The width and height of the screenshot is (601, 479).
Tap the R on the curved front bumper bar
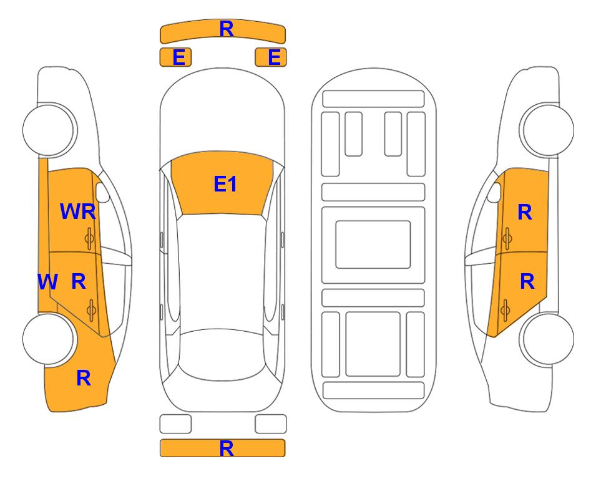(227, 29)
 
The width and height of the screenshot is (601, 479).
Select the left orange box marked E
(175, 57)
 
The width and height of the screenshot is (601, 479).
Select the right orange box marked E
(271, 57)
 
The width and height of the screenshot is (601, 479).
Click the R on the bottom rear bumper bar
(227, 448)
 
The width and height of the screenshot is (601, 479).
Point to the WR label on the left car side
(78, 211)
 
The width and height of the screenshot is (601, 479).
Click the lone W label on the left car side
(47, 282)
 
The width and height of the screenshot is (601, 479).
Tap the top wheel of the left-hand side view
(49, 130)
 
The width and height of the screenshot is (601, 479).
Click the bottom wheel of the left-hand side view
(49, 339)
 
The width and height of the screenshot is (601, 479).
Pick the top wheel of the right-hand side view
(547, 130)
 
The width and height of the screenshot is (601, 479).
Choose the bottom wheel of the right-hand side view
(547, 339)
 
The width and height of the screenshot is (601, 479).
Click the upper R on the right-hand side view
(525, 212)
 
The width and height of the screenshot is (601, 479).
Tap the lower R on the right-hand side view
(527, 282)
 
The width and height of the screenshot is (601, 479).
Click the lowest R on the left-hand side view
(84, 379)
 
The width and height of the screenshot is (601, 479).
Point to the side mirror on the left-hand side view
(102, 193)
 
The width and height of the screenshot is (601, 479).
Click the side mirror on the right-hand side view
(494, 193)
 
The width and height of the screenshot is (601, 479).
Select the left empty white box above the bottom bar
(175, 424)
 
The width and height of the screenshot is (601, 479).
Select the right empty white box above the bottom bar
(271, 424)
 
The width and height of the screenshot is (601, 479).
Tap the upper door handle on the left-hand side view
(89, 238)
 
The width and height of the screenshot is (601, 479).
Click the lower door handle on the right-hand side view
(506, 311)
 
